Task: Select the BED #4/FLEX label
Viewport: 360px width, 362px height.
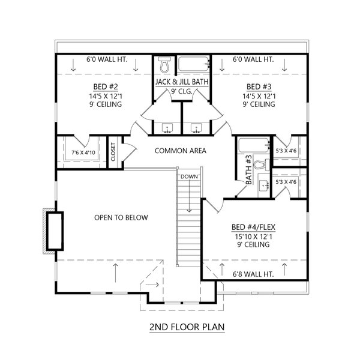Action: tap(253, 228)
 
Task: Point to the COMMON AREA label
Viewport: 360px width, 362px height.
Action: tap(180, 151)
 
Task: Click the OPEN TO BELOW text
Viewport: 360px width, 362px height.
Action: tap(121, 217)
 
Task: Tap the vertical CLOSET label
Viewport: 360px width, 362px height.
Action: tap(112, 151)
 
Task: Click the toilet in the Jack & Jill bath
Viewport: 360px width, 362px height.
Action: tap(164, 65)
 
